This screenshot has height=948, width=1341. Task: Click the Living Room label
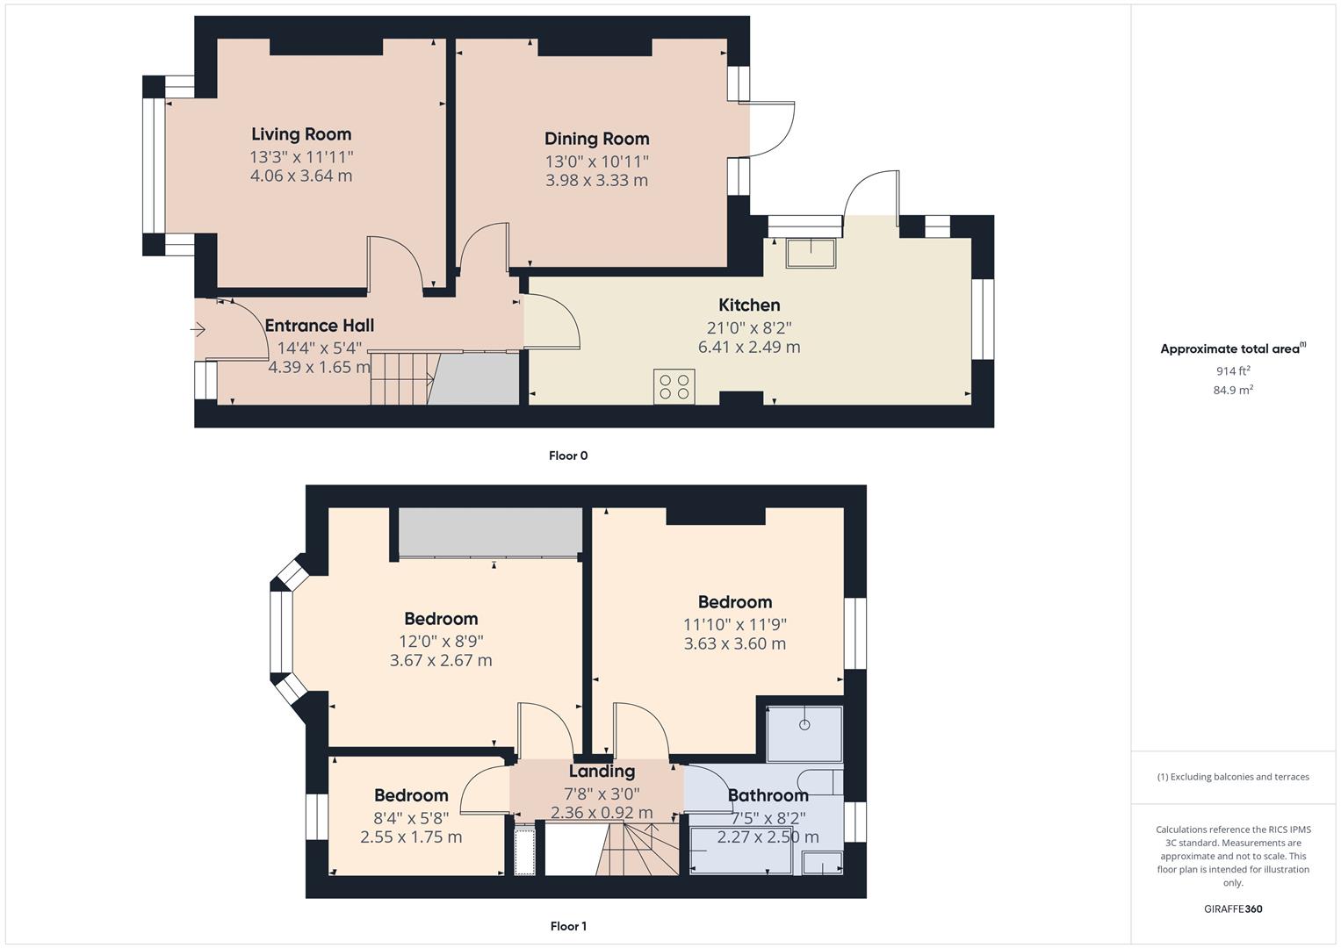pos(301,134)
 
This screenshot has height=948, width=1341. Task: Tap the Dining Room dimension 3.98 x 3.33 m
pos(596,180)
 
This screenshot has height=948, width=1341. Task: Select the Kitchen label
pos(749,305)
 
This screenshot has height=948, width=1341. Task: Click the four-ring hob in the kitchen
pos(674,387)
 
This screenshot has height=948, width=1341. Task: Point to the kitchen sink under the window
pos(811,253)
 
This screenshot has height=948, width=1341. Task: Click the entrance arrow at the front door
pos(198,330)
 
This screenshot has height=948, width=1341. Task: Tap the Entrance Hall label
pos(320,326)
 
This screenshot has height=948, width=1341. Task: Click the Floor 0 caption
pos(568,456)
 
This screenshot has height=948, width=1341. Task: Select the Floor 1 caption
pos(568,926)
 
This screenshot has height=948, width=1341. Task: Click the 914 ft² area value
pos(1233,370)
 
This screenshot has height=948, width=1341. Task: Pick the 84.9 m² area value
pos(1233,390)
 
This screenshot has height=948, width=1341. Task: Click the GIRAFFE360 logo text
pos(1233,908)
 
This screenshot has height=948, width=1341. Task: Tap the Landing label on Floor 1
pos(602,771)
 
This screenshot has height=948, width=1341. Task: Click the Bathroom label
pos(768,795)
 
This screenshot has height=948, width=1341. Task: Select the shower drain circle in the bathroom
pos(804,725)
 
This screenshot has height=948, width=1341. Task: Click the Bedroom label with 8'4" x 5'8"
pos(411,795)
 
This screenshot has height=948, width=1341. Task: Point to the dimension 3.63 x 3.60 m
pos(735,643)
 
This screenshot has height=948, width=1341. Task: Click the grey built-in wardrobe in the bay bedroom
pos(490,531)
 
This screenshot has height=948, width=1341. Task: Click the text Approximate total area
pos(1229,349)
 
